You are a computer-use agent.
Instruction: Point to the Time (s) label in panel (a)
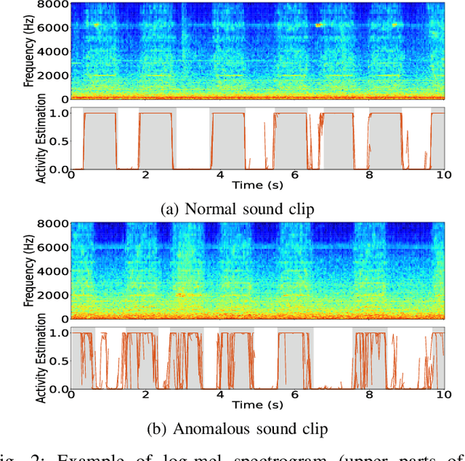258,185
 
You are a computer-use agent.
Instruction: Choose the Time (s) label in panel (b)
258,404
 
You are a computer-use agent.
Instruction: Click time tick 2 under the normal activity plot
145,175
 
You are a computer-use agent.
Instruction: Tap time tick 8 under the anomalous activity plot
369,394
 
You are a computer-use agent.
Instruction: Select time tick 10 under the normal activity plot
443,175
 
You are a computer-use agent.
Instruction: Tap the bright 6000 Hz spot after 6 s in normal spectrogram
319,25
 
